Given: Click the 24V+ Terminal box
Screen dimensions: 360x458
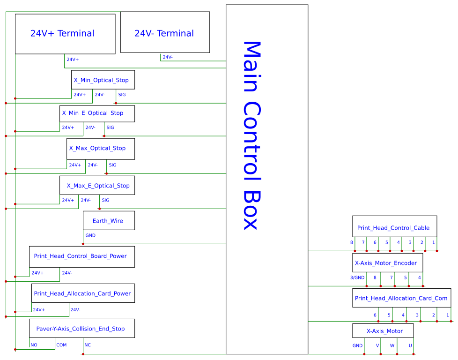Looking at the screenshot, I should [x=65, y=34].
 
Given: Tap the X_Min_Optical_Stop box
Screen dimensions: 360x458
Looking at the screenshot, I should [x=103, y=80].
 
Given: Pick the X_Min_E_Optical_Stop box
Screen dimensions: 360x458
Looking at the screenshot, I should [x=97, y=113].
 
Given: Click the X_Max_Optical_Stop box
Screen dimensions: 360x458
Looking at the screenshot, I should [x=101, y=149].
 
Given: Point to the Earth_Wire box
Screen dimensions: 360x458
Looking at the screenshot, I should [x=109, y=220].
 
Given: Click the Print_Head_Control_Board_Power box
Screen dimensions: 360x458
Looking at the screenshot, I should [x=81, y=256].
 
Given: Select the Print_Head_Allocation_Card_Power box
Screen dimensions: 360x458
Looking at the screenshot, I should [x=83, y=293].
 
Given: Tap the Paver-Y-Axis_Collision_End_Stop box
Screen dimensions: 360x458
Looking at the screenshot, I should [x=81, y=328].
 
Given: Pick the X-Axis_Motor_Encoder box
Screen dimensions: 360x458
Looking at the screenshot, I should [x=387, y=262].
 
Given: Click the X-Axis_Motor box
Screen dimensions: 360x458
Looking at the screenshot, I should [x=383, y=330].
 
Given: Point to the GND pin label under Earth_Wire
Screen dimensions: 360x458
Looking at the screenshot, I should [x=90, y=235].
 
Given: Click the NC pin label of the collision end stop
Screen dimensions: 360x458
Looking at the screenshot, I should [x=88, y=345].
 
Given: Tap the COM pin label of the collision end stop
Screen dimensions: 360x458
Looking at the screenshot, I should [x=61, y=345].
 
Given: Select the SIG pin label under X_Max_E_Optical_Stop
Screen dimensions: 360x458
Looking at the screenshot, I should [x=105, y=200].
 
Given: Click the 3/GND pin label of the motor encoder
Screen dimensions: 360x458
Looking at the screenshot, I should [x=357, y=277].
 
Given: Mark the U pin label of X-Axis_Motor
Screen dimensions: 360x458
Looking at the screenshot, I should [x=410, y=345].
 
